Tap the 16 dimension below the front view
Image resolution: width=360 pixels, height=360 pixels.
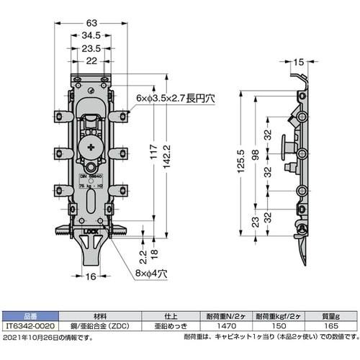91,275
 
